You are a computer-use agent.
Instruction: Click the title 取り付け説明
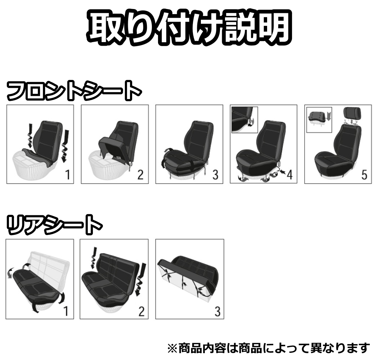click(x=189, y=29)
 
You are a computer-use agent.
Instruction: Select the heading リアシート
click(x=54, y=225)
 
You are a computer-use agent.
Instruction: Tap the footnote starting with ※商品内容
click(x=269, y=348)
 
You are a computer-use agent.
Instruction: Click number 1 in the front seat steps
click(x=67, y=175)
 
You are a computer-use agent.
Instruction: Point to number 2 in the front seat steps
click(x=140, y=175)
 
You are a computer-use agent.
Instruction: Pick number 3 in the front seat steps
click(x=215, y=175)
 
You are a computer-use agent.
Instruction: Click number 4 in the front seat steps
click(x=289, y=175)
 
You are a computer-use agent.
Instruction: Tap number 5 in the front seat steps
click(x=364, y=175)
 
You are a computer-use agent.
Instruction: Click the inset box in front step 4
click(x=245, y=117)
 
